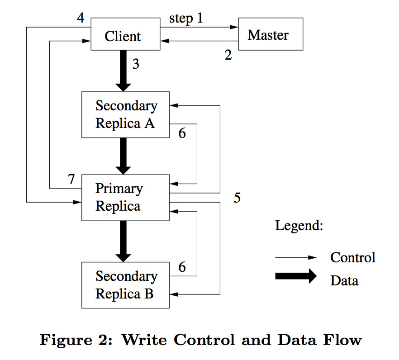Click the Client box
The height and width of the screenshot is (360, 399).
pos(125,34)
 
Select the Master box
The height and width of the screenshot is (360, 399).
pos(270,34)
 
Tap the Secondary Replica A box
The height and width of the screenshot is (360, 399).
pos(125,114)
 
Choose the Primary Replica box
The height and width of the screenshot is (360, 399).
pos(125,198)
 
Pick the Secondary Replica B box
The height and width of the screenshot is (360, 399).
pos(125,285)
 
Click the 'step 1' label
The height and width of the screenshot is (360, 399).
pos(186,19)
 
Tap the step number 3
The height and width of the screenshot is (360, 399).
pos(136,64)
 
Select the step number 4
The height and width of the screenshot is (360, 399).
pos(81,19)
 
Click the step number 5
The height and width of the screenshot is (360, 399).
pos(237,198)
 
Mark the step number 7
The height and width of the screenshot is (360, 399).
pos(71,179)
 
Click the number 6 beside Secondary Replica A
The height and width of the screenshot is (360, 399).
pos(182,134)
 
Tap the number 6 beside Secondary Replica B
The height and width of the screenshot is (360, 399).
pos(182,267)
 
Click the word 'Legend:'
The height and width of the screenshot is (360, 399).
pos(299,226)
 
